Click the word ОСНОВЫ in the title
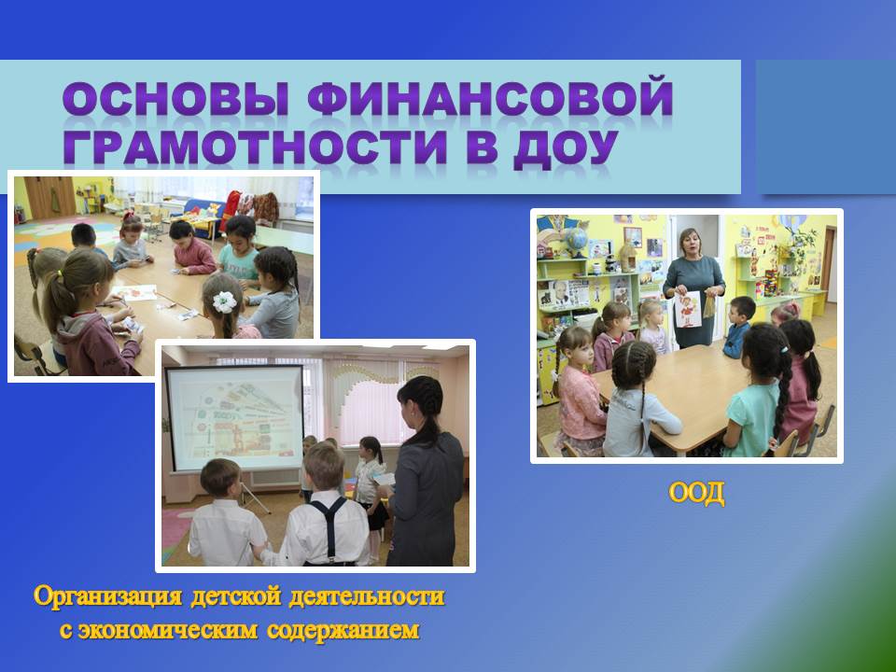[176, 97]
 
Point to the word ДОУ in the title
[566, 148]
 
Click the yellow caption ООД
[696, 493]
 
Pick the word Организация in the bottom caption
[107, 597]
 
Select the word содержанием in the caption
[343, 630]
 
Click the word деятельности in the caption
[366, 596]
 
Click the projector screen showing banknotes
[234, 419]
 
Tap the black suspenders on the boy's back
[328, 528]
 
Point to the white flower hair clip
[225, 301]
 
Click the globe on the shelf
[576, 240]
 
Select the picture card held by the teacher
[688, 309]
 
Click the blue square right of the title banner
[826, 127]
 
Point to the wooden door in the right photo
[829, 264]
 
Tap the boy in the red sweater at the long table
[192, 248]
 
